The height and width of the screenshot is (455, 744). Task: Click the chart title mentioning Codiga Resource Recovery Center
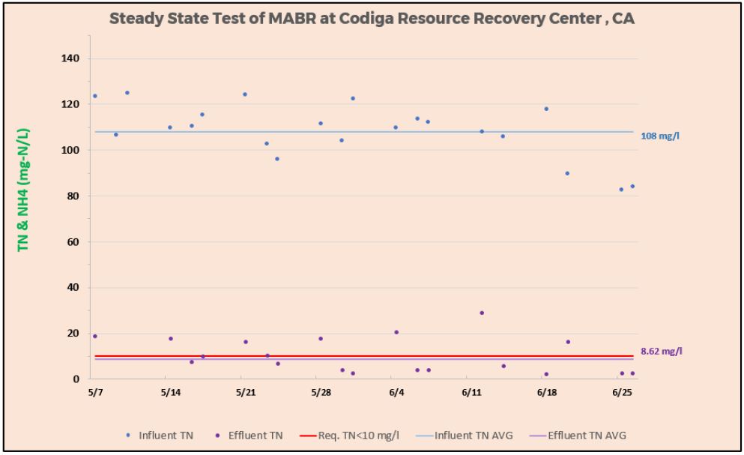pos(372,19)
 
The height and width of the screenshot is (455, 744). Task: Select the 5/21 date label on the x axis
pos(245,392)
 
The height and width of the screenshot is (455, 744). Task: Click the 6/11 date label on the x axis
pos(471,392)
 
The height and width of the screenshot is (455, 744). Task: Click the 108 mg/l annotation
pos(660,136)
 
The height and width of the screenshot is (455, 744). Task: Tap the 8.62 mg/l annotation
pos(662,351)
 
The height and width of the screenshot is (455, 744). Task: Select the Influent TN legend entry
pos(160,436)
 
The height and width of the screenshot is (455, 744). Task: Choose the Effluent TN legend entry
pos(251,436)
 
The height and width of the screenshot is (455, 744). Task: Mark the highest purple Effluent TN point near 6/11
pos(482,313)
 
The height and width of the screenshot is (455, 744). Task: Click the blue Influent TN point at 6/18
pos(546,109)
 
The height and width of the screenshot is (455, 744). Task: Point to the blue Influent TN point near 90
pos(567,173)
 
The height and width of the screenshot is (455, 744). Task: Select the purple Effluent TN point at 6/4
pos(396,332)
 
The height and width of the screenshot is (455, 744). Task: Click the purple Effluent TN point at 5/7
pos(95,336)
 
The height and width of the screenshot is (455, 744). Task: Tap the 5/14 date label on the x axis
pos(170,392)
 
